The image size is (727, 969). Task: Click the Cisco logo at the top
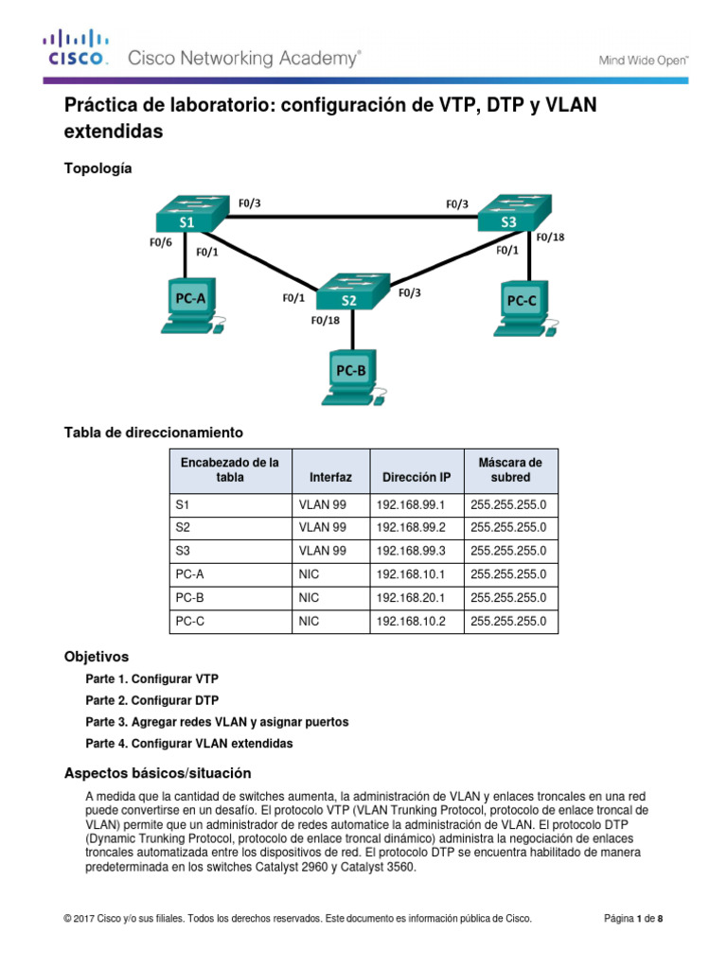point(76,47)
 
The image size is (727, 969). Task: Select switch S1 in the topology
point(192,214)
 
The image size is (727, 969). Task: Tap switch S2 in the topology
point(353,291)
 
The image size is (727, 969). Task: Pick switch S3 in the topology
point(514,213)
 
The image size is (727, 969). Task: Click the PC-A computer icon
point(192,307)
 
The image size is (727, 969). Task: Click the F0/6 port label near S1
point(161,242)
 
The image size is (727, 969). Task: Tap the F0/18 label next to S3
point(550,238)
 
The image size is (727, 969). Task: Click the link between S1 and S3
point(352,217)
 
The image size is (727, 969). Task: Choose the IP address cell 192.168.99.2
point(411,528)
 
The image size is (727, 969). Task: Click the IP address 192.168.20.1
point(411,598)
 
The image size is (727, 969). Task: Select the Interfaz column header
point(330,477)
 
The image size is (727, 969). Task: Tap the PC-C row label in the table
point(189,622)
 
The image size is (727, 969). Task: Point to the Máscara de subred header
point(510,469)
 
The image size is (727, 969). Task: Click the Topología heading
point(98,168)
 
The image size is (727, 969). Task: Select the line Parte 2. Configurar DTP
point(152,700)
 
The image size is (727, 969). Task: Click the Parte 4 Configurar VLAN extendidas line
point(189,744)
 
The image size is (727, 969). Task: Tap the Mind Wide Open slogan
point(643,61)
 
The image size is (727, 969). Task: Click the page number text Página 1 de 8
point(633,918)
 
